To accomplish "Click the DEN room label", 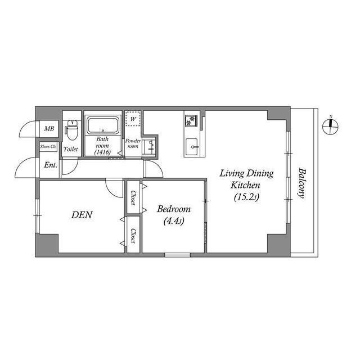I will [82, 215].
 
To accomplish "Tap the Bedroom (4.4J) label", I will [173, 214].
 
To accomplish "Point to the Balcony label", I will [302, 184].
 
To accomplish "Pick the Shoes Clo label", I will [48, 147].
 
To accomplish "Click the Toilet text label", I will [70, 150].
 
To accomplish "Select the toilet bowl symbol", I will [71, 130].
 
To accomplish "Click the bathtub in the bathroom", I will [102, 124].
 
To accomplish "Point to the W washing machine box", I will [133, 119].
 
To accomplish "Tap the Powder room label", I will [133, 143].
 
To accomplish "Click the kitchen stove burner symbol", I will [191, 120].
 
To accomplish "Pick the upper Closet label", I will [133, 198].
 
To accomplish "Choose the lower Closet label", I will [133, 235].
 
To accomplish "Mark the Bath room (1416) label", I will [102, 145].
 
